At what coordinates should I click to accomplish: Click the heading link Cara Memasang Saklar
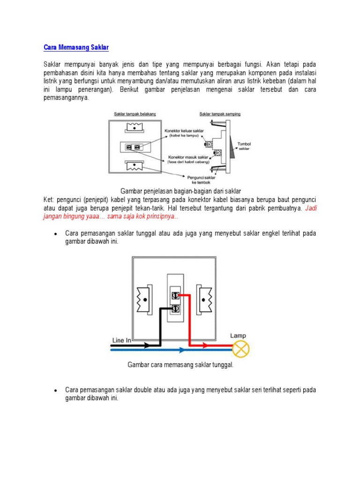(x=76, y=47)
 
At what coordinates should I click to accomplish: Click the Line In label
(x=122, y=340)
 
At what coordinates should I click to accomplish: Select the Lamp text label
(x=238, y=336)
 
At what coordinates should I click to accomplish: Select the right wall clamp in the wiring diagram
(x=205, y=299)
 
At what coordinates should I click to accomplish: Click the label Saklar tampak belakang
(x=135, y=114)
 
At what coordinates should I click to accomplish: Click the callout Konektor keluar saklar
(x=183, y=133)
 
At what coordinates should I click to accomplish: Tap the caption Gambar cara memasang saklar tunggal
(x=180, y=365)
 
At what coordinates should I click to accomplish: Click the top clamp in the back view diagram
(x=135, y=127)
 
